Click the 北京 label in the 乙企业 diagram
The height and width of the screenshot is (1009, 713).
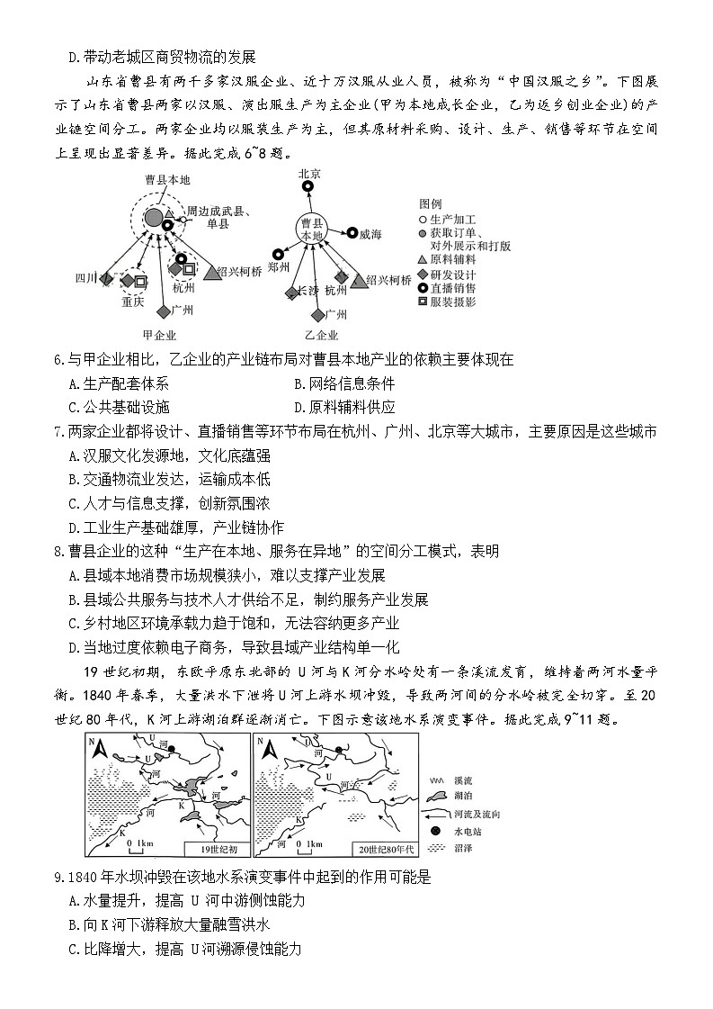coord(309,174)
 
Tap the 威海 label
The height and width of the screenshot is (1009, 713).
coord(370,235)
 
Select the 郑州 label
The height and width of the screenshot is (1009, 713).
coord(279,267)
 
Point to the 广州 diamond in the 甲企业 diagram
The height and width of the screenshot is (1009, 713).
coord(163,311)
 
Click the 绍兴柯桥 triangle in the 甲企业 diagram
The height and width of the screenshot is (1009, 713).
coord(213,273)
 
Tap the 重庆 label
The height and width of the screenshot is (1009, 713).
coord(132,302)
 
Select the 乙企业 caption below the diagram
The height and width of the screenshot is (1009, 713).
coord(323,336)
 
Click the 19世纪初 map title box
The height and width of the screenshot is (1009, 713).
coord(214,849)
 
